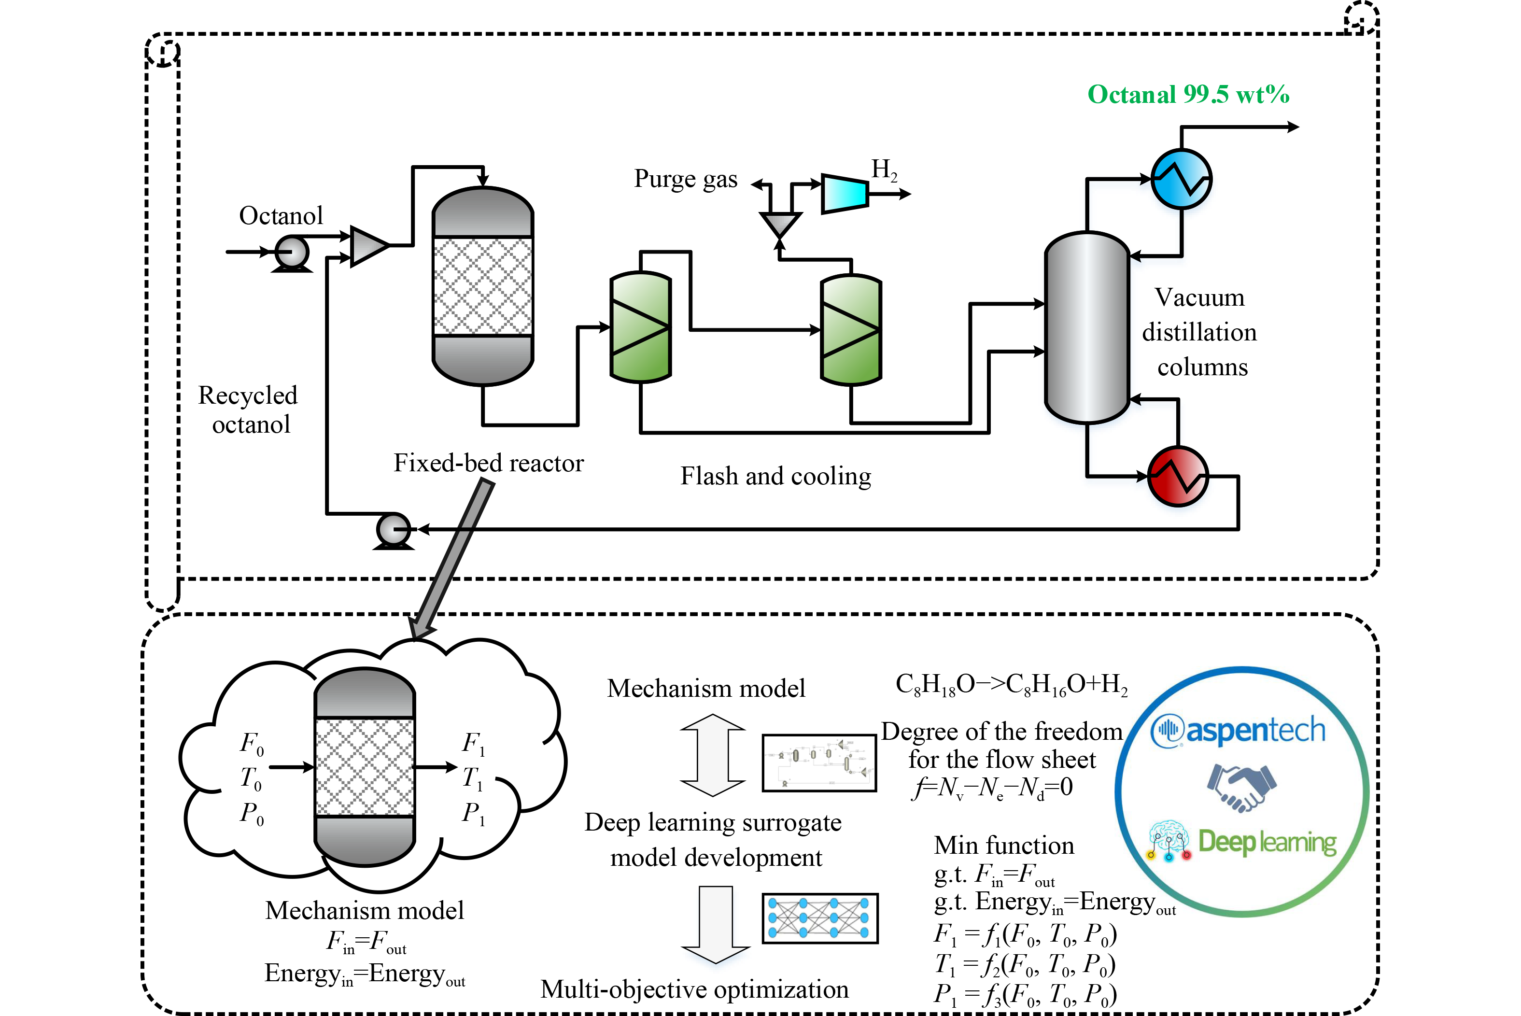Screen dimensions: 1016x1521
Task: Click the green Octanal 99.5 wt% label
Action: (1188, 95)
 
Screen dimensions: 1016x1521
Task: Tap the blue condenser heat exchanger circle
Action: (1181, 179)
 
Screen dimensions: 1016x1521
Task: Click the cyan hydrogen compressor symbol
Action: (845, 193)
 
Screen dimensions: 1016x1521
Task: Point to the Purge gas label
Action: (685, 179)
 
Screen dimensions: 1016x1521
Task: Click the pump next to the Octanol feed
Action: (291, 252)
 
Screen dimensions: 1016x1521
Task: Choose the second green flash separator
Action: (850, 329)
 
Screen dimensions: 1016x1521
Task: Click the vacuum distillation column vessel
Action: (1087, 327)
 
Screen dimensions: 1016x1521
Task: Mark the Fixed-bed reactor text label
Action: (489, 463)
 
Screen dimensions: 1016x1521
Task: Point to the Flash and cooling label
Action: (775, 476)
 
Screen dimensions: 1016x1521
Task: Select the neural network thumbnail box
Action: (819, 918)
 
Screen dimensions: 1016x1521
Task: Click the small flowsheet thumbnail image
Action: (819, 762)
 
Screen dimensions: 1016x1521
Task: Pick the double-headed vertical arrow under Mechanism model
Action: (713, 755)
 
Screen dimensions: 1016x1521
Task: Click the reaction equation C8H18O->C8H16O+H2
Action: (1011, 685)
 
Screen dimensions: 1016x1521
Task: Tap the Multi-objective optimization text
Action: (694, 989)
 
